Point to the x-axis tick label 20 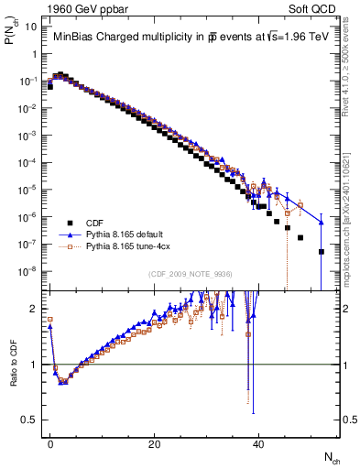click(x=155, y=442)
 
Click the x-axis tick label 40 click(x=259, y=442)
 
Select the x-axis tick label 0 click(x=50, y=442)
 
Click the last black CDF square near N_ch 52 click(x=322, y=252)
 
